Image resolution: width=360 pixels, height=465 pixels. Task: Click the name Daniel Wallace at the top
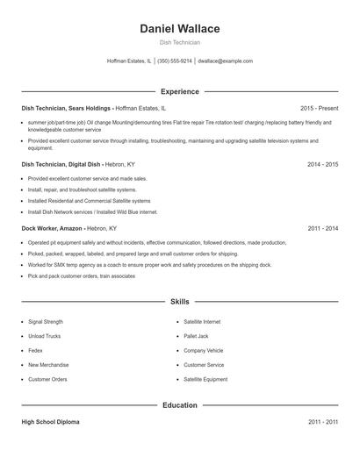[x=179, y=29]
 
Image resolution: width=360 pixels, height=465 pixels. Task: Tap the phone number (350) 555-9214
[x=175, y=61]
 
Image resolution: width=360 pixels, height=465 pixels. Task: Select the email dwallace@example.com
[x=225, y=61]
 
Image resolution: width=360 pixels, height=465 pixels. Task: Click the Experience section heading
[x=179, y=91]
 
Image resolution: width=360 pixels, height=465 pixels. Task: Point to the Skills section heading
[x=179, y=302]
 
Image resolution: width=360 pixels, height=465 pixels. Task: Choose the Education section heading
[x=179, y=405]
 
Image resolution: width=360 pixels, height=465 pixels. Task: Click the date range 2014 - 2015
[x=322, y=164]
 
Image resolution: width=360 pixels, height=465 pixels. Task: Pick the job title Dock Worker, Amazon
[x=52, y=228]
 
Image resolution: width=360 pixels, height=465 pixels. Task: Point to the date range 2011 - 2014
[x=322, y=228]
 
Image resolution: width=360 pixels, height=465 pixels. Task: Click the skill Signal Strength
[x=46, y=322]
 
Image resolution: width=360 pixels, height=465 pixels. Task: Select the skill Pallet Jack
[x=196, y=336]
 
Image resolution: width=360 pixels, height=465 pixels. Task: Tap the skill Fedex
[x=35, y=350]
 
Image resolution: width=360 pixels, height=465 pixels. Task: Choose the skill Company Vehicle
[x=204, y=350]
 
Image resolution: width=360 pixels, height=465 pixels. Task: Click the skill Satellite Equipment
[x=205, y=379]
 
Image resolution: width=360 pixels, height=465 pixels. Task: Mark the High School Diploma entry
[x=50, y=422]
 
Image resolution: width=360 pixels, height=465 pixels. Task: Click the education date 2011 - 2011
[x=322, y=422]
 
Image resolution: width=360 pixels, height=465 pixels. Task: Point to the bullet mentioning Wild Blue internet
[x=92, y=211]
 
